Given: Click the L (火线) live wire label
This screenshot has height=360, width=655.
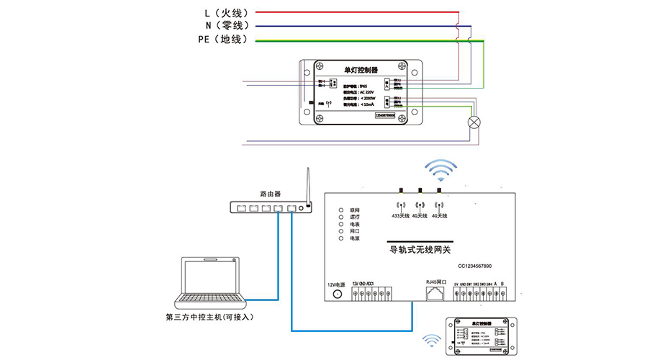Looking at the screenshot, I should tap(225, 12).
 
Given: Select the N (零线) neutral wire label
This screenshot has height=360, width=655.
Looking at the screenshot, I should tap(225, 25).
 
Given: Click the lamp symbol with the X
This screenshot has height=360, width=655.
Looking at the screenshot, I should tap(474, 122).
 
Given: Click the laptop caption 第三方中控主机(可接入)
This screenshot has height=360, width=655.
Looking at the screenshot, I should tap(209, 317).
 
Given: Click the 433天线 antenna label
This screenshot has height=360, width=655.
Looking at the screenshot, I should tap(400, 215).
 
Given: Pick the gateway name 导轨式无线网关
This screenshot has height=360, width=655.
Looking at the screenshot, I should tap(420, 250).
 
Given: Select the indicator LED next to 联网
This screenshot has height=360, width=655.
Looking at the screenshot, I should tap(343, 210).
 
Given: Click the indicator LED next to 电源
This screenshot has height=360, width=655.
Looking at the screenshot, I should tap(343, 238).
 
